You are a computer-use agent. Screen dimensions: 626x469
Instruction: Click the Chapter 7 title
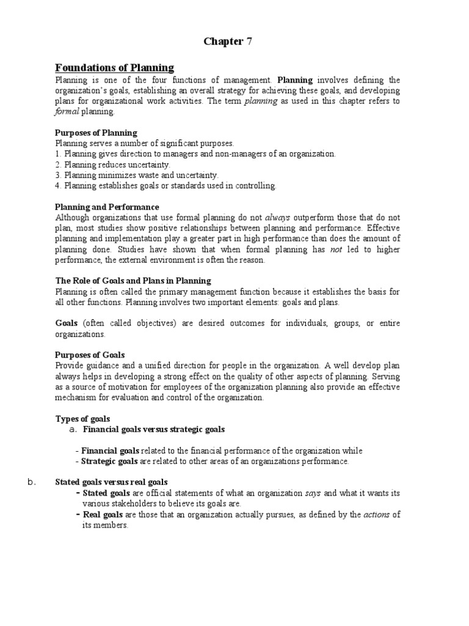(227, 42)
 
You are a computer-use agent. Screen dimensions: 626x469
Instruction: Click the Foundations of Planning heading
(114, 68)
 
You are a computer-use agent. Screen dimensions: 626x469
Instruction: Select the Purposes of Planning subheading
(96, 133)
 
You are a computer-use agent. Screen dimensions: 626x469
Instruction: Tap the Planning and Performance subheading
(107, 207)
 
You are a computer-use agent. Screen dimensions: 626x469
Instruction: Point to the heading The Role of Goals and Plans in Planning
(133, 281)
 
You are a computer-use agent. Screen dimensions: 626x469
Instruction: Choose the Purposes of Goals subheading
(90, 355)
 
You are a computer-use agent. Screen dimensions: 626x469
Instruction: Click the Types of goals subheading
(82, 419)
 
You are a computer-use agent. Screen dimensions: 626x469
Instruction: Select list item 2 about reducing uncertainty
(113, 165)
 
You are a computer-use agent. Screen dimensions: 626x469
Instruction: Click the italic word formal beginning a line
(65, 112)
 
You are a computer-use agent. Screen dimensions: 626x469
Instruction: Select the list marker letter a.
(72, 430)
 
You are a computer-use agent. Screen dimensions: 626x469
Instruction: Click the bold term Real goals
(103, 515)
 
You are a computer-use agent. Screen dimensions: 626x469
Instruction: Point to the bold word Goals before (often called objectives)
(67, 323)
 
